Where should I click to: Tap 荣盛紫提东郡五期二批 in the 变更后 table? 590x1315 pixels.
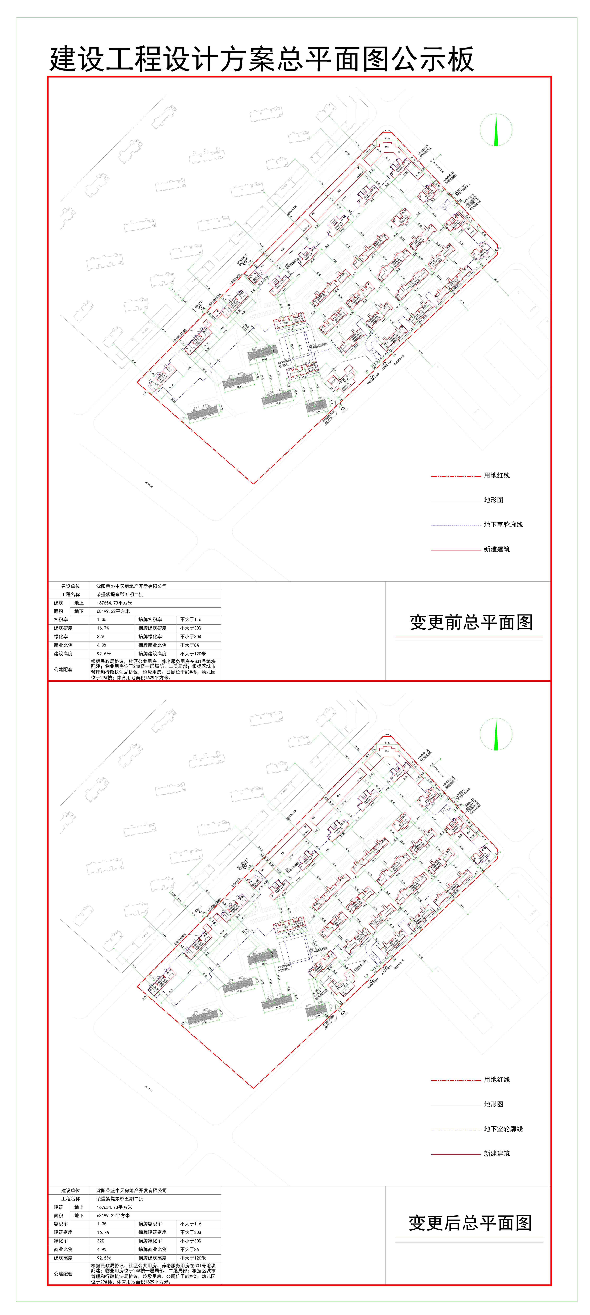point(120,1199)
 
